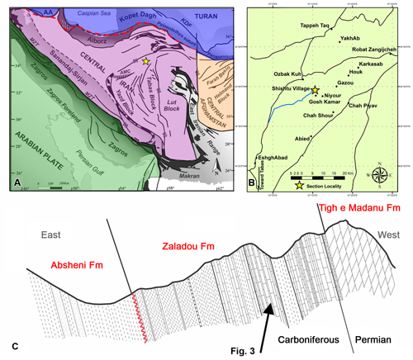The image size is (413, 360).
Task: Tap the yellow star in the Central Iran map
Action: coord(147,62)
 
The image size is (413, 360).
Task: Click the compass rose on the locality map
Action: coord(382,174)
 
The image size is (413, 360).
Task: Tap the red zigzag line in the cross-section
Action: coord(131,317)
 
